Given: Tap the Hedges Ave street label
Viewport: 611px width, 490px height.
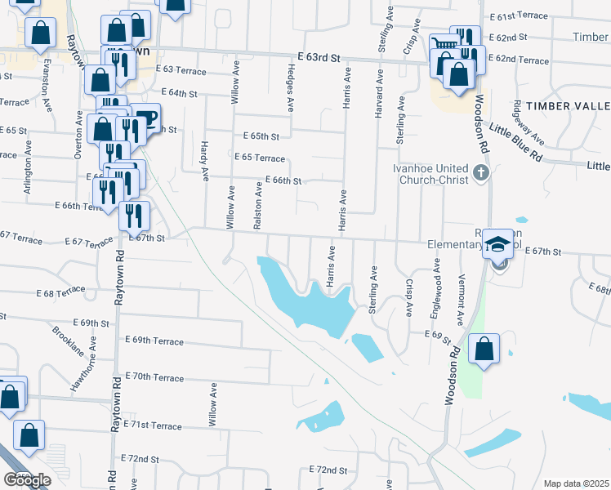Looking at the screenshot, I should [291, 87].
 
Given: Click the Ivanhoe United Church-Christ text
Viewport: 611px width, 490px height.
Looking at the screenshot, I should [430, 174].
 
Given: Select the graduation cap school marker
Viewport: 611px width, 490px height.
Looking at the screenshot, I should [497, 243].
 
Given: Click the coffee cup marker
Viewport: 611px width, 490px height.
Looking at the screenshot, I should [146, 118].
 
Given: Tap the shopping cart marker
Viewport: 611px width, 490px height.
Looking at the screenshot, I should [443, 43].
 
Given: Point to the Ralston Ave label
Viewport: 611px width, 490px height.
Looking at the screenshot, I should [258, 205].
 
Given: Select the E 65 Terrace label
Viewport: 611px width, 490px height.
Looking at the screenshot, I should [259, 158].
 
